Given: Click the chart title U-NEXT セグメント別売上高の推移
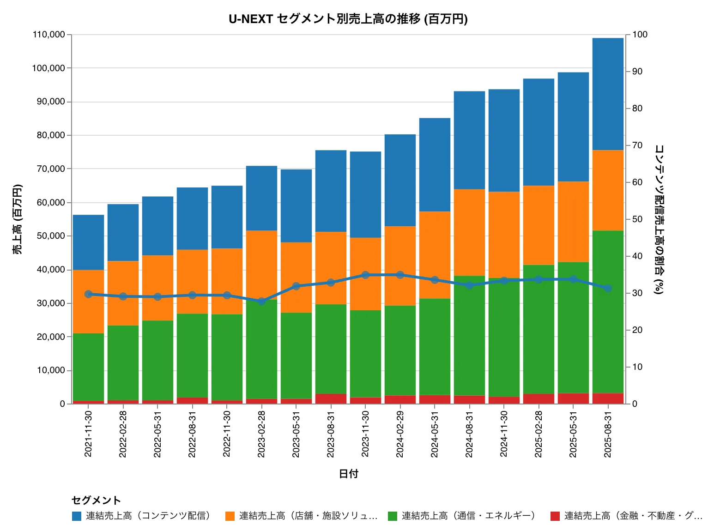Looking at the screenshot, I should click(348, 19).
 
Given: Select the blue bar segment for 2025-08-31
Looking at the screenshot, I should click(608, 94).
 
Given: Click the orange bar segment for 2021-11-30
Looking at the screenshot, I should click(88, 301).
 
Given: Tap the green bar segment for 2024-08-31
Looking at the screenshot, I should click(469, 335).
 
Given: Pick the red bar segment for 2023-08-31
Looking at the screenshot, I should click(331, 398).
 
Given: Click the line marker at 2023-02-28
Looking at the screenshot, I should click(261, 302).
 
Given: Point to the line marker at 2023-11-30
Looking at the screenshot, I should click(365, 275).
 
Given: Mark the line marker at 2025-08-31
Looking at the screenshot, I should click(608, 289).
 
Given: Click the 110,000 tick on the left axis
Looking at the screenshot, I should click(48, 35).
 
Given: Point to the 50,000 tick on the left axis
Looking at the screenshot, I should click(50, 236).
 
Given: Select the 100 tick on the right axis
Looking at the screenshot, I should click(640, 35).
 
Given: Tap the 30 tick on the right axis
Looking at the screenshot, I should click(637, 293).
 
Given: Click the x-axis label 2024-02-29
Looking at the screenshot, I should click(400, 434).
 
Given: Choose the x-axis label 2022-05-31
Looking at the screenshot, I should click(157, 434).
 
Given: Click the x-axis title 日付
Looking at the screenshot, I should click(348, 474).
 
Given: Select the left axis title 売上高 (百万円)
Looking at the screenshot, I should click(17, 219).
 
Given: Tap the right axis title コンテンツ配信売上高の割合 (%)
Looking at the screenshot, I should click(659, 219).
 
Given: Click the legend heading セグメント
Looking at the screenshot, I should click(96, 500).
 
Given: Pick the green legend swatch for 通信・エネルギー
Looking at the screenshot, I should click(393, 516).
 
